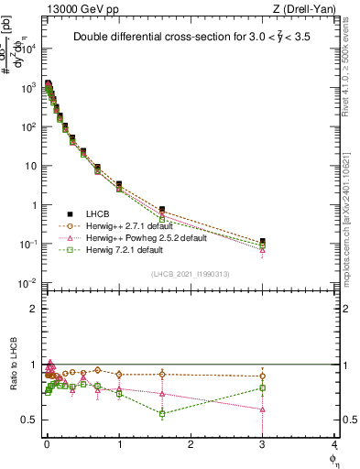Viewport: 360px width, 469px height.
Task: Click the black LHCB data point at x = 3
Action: pos(263,241)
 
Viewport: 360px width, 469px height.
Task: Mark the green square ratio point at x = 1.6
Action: pos(162,413)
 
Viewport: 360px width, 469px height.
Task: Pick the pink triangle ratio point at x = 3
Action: pos(263,409)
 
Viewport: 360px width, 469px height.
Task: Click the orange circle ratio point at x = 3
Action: pos(263,376)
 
